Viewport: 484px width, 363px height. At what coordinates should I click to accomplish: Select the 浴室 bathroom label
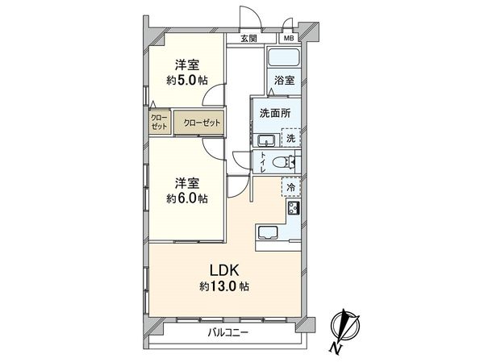pyautogui.click(x=283, y=81)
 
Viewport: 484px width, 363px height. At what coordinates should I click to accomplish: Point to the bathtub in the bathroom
pyautogui.click(x=284, y=58)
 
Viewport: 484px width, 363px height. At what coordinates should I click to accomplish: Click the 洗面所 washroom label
pyautogui.click(x=273, y=113)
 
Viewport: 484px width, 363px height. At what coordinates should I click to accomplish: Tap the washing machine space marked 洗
pyautogui.click(x=290, y=138)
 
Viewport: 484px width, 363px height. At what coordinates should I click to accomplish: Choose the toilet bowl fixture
pyautogui.click(x=282, y=162)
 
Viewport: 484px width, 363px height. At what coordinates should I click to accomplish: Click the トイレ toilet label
pyautogui.click(x=263, y=162)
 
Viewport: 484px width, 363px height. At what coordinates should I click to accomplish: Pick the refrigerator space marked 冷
pyautogui.click(x=290, y=187)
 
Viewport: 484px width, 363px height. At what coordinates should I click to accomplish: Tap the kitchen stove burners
pyautogui.click(x=292, y=209)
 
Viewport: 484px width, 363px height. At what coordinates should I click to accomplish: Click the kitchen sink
pyautogui.click(x=268, y=236)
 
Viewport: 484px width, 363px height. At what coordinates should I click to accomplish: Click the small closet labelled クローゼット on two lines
pyautogui.click(x=158, y=123)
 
